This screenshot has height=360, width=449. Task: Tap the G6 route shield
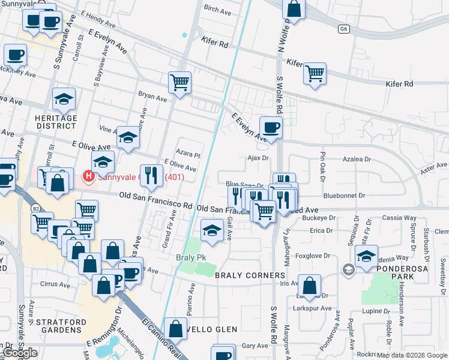click(343, 28)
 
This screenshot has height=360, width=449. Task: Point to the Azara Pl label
click(187, 154)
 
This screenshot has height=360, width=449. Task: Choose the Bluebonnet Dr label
click(343, 196)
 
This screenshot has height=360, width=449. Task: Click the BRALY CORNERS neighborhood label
click(250, 275)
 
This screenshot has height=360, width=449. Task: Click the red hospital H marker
click(88, 176)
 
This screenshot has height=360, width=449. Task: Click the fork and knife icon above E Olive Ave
click(151, 175)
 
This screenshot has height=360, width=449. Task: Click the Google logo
click(19, 353)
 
